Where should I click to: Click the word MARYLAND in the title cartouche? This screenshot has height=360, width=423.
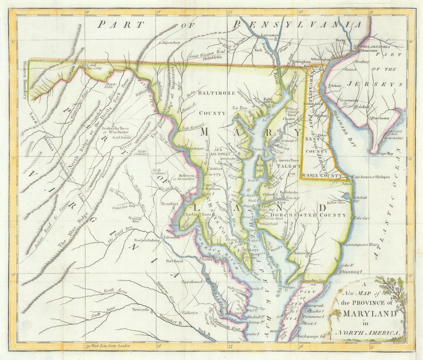(369, 313)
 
